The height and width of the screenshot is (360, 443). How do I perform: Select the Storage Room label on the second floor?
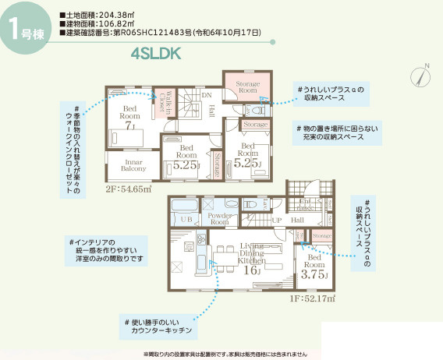tap(247, 86)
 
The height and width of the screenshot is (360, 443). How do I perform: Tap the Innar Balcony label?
tap(123, 165)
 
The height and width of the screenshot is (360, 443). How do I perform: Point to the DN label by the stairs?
tap(207, 96)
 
